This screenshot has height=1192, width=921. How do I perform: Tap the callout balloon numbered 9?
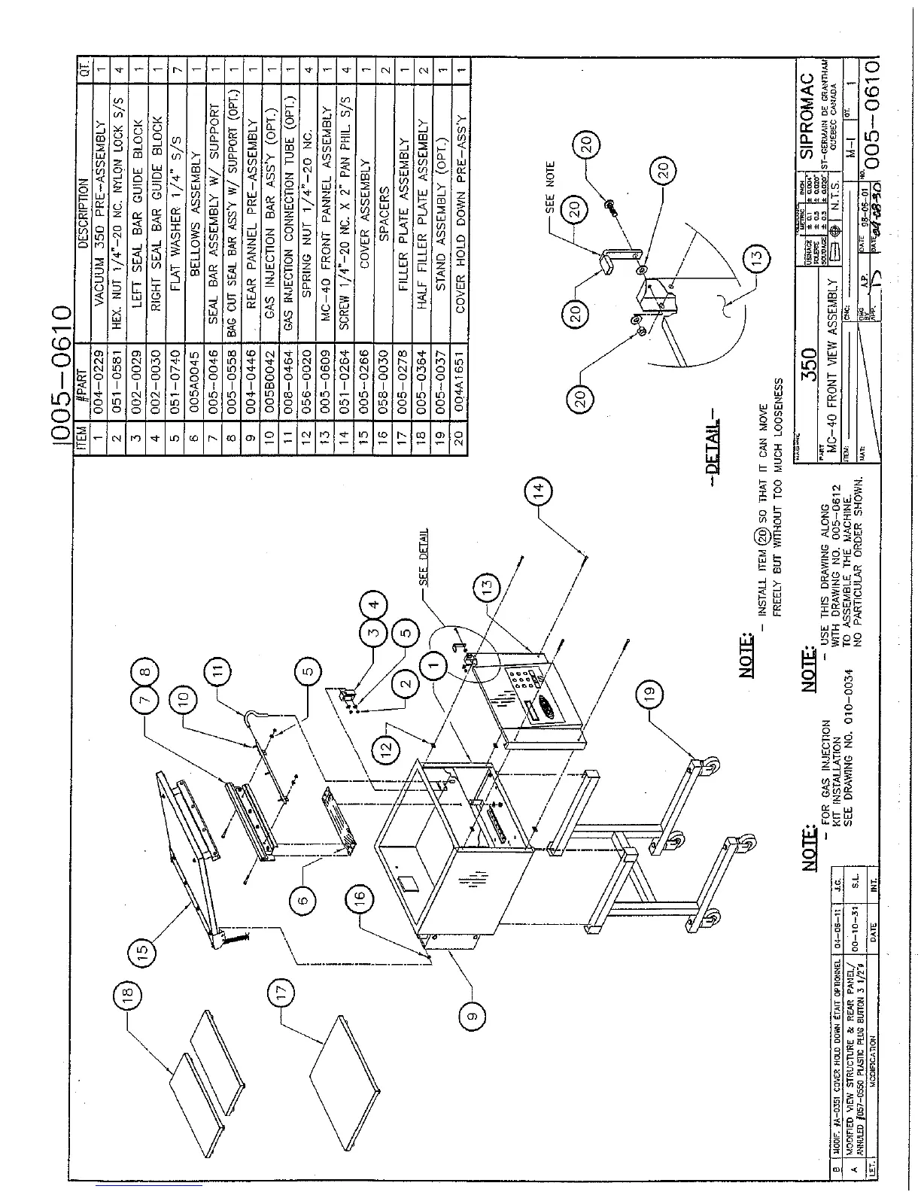(x=473, y=1016)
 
